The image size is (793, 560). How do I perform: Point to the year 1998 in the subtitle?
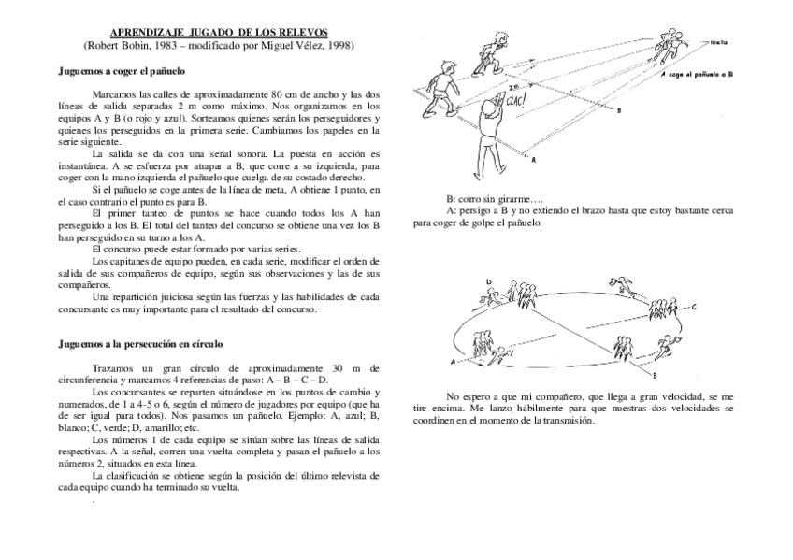click(338, 45)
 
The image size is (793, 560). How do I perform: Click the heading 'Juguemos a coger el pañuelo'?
click(122, 70)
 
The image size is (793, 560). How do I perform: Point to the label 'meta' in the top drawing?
click(719, 42)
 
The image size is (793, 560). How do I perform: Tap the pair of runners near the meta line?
click(672, 40)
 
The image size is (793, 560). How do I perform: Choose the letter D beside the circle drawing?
click(488, 281)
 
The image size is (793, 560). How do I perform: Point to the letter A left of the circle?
click(453, 359)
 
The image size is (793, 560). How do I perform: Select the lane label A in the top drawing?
click(534, 160)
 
